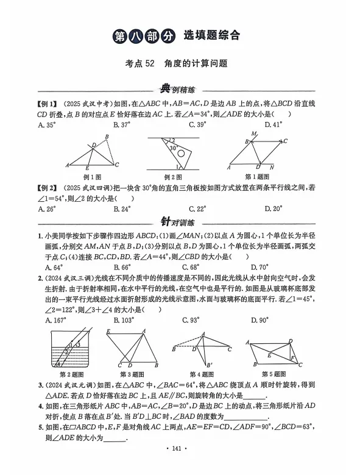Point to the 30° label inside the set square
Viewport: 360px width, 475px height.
(x=174, y=148)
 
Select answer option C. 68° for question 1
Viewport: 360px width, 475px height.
(x=198, y=266)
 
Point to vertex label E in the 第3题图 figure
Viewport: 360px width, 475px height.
(x=108, y=331)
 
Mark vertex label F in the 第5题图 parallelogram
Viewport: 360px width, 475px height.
(x=291, y=357)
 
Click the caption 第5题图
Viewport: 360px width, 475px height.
(x=274, y=374)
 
